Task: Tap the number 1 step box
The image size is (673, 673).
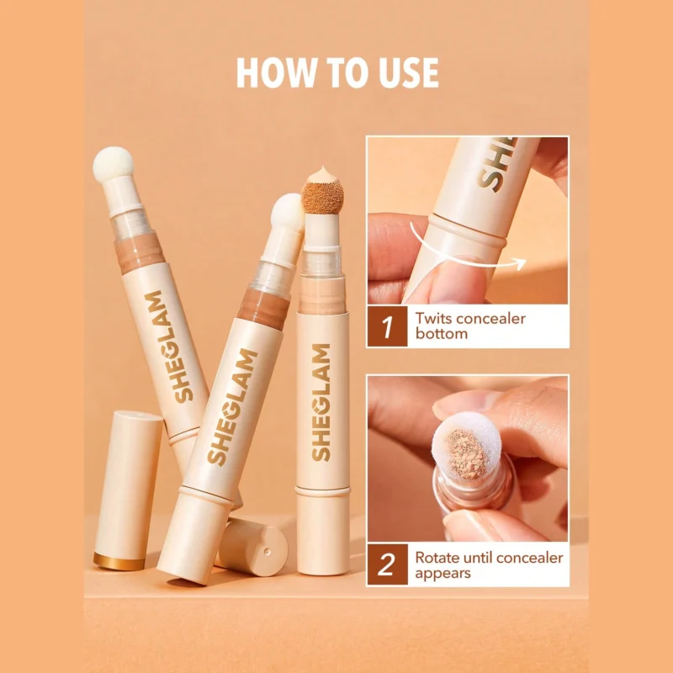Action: tap(387, 326)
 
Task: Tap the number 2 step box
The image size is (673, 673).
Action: tap(387, 564)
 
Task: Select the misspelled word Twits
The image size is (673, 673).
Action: tap(432, 319)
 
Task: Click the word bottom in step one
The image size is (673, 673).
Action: tap(441, 334)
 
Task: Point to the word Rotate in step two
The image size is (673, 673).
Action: tap(437, 557)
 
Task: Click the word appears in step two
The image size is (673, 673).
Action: tap(443, 574)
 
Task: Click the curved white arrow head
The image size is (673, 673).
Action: tap(521, 263)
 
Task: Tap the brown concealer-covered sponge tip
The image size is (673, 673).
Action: tap(323, 197)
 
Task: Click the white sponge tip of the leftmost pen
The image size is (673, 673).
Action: tap(114, 164)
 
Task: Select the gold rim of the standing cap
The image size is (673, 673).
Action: tap(119, 561)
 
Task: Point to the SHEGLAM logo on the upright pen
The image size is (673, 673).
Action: tap(321, 403)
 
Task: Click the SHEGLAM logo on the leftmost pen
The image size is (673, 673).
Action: tap(169, 347)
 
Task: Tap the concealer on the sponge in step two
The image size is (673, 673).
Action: tap(467, 454)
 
